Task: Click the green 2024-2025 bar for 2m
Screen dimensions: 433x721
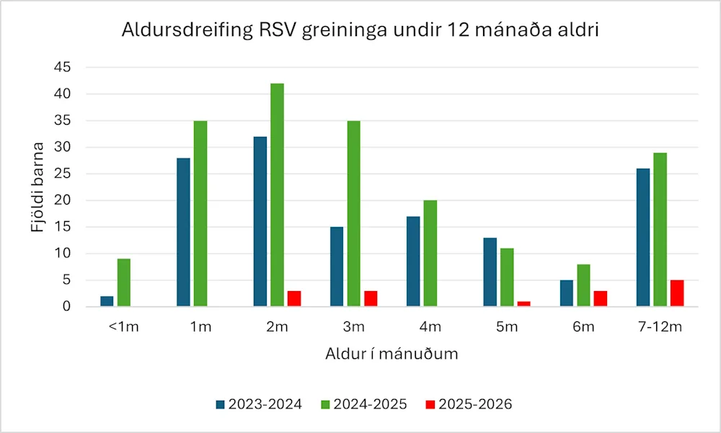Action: point(277,195)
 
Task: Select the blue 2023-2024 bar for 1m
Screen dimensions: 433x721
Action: point(184,232)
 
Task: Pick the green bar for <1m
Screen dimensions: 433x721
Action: point(124,282)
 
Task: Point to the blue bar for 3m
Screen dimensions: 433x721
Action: point(337,267)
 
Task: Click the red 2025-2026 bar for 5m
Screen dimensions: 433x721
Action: point(524,304)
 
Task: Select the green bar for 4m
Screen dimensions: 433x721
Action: point(430,254)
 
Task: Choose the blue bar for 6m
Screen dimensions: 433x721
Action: point(566,293)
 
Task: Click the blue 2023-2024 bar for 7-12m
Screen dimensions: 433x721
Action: point(642,238)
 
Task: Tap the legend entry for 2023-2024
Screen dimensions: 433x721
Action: point(258,404)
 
